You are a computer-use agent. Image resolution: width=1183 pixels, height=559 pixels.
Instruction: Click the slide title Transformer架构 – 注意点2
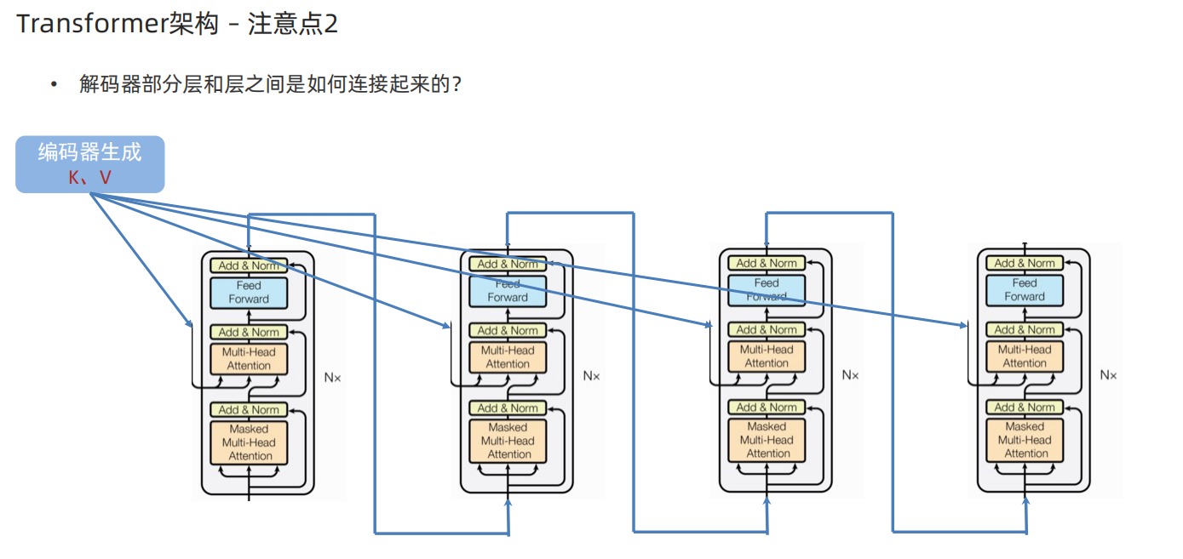[x=177, y=24]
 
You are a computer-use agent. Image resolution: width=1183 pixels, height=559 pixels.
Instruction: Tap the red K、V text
[x=89, y=178]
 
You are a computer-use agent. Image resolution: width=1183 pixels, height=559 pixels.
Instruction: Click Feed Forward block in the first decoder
[x=249, y=293]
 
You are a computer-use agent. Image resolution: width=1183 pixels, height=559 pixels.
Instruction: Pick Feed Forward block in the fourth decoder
[x=1024, y=290]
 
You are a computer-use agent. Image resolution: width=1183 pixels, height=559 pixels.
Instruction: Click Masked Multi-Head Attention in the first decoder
[x=249, y=442]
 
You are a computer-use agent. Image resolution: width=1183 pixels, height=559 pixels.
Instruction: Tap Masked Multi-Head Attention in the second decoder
[x=508, y=441]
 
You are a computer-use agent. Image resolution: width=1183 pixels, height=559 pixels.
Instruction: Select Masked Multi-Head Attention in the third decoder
[x=767, y=440]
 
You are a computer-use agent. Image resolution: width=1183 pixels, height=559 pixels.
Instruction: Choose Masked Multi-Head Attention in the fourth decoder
[x=1025, y=440]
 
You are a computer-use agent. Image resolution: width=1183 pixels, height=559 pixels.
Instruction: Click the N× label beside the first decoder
[x=333, y=376]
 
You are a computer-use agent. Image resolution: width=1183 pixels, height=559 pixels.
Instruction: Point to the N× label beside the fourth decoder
[x=1108, y=374]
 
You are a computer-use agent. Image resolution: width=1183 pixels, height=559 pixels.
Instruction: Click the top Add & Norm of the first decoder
[x=249, y=265]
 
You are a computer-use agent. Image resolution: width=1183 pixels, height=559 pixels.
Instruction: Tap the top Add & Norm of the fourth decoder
[x=1024, y=263]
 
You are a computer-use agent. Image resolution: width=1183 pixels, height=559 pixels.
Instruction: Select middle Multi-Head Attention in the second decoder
[x=508, y=357]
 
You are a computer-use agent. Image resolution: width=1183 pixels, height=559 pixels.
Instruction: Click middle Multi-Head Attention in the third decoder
[x=767, y=357]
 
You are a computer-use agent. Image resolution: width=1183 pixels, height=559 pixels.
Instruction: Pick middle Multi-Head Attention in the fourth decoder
[x=1024, y=357]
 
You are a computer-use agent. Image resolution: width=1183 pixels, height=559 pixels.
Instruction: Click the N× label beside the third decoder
[x=850, y=374]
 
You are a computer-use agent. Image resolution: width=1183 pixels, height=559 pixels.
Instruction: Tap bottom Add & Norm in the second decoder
[x=508, y=408]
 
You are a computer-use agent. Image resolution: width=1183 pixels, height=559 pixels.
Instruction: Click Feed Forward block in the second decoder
[x=508, y=291]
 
